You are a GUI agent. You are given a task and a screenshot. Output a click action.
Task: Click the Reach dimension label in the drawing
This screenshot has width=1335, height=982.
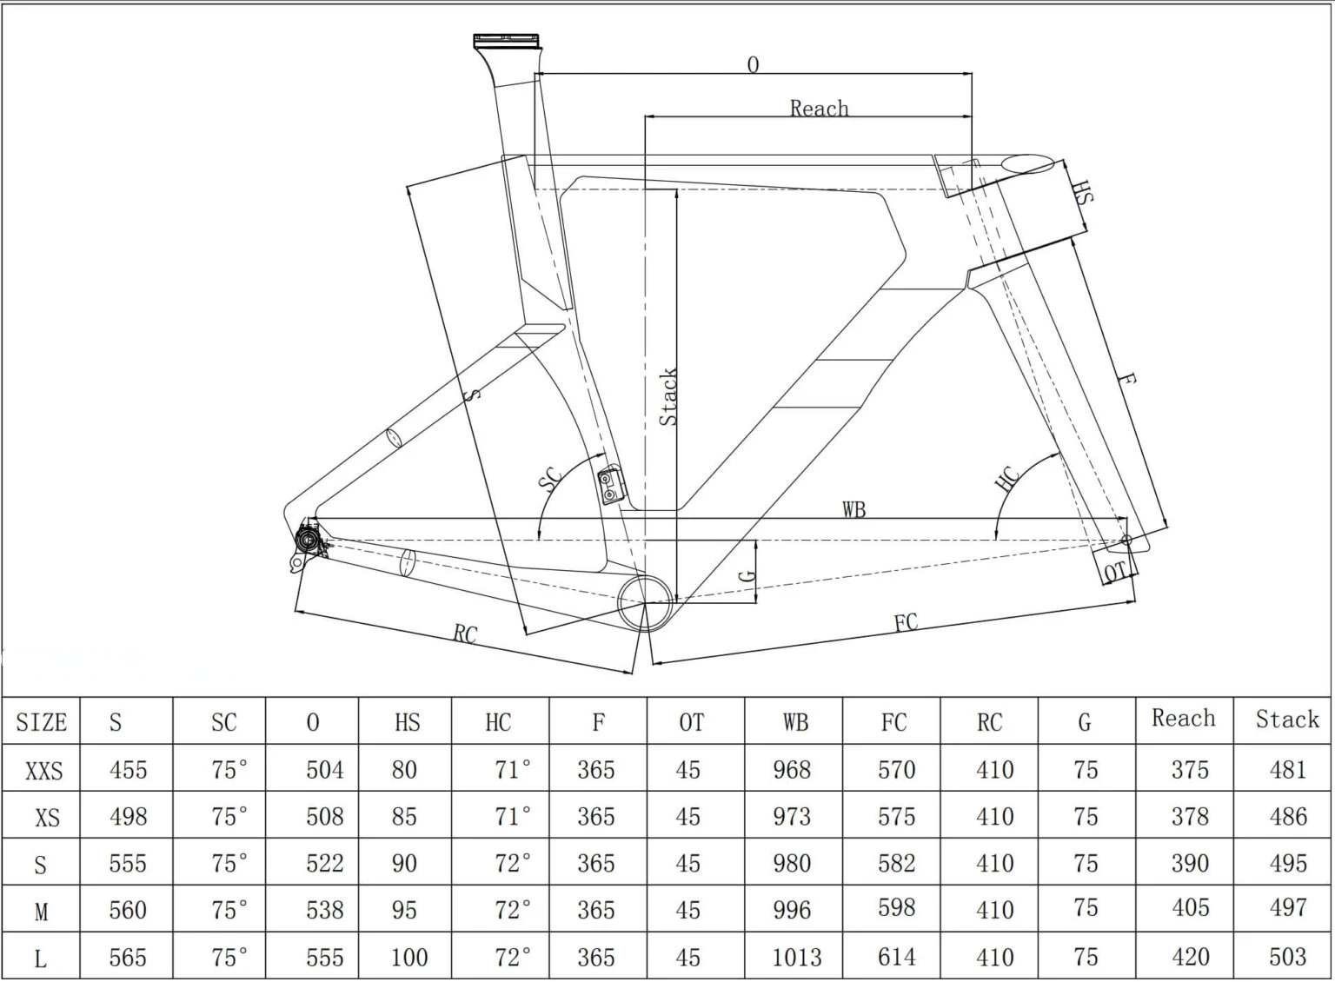(819, 108)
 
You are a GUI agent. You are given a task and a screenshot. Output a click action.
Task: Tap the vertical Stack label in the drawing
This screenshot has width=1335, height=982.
(667, 397)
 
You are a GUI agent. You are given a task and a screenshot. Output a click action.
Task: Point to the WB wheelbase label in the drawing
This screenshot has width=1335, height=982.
(853, 509)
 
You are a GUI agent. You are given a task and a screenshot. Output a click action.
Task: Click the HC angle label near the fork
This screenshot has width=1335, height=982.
(1006, 479)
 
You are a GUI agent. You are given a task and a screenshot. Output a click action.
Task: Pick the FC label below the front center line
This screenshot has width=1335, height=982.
(906, 622)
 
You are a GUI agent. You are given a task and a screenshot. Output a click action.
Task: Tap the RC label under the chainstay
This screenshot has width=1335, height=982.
(465, 634)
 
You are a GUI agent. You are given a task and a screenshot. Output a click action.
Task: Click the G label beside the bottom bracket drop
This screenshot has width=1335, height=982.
(747, 574)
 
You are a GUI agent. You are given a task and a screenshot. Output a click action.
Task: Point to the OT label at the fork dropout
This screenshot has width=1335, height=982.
(1114, 571)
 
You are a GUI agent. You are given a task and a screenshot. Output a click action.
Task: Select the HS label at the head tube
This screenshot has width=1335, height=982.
(1081, 192)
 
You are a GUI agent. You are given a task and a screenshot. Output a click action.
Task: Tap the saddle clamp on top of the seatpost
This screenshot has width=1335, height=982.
(506, 41)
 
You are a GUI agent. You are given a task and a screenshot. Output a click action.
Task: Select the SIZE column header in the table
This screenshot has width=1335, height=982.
(41, 722)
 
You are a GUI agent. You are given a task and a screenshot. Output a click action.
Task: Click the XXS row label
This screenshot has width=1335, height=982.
(43, 770)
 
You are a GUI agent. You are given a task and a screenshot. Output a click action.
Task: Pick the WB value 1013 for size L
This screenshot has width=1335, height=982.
(796, 957)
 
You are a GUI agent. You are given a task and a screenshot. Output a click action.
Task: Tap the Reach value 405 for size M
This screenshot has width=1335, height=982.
(1190, 908)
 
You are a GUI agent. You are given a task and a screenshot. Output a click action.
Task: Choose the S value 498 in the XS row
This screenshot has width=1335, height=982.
(128, 817)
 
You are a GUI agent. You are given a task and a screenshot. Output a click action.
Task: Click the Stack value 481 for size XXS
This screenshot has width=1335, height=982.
(1287, 770)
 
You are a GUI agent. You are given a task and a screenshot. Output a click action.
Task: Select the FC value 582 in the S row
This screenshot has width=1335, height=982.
(896, 863)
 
